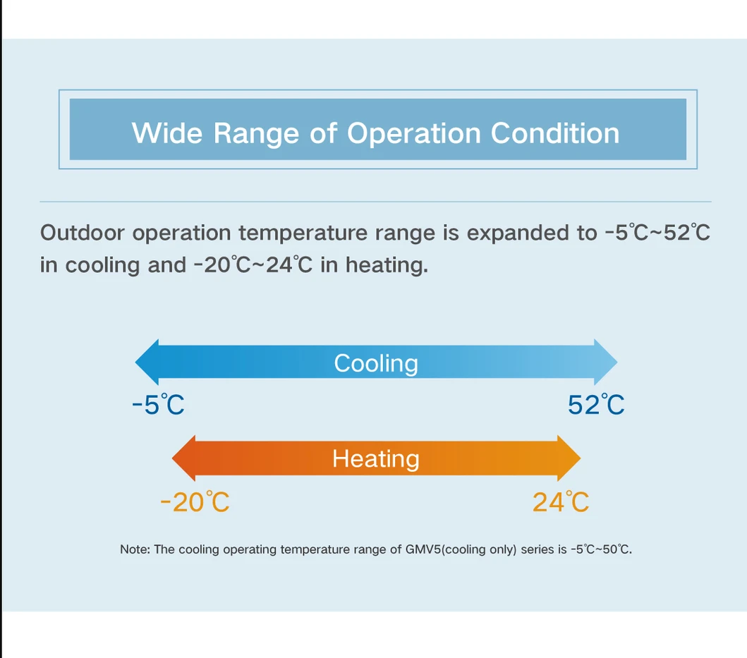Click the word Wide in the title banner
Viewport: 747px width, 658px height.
[167, 133]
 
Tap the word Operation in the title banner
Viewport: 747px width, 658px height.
[413, 133]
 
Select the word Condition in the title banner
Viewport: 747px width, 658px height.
[555, 133]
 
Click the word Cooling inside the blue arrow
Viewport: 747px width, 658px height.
[376, 364]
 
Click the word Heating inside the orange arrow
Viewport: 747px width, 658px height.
[376, 459]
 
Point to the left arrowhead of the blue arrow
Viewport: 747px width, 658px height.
[147, 362]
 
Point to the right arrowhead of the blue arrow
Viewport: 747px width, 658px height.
[606, 362]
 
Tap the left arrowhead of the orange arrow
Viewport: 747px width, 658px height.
[183, 458]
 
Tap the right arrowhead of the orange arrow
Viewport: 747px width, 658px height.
[569, 458]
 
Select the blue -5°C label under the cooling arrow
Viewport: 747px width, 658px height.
[158, 405]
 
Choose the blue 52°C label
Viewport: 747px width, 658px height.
[596, 405]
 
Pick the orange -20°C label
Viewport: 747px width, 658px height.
[195, 502]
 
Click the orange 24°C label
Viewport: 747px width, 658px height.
[561, 502]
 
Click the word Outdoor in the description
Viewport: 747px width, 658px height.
[82, 233]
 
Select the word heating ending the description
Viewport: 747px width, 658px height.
[387, 266]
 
